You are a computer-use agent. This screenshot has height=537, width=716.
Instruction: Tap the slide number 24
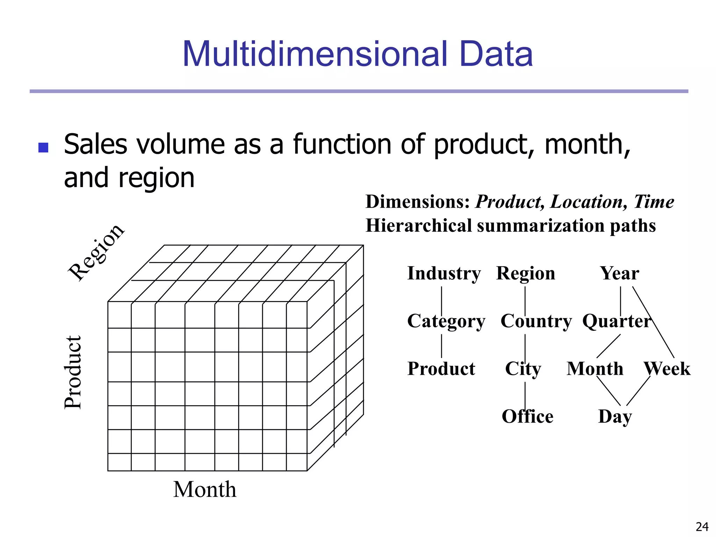coord(702,527)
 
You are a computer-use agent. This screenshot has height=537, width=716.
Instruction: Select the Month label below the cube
coord(205,489)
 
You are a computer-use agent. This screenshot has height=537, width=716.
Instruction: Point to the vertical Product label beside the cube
coord(73,372)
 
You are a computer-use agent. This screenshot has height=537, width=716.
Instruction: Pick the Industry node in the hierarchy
coord(444,273)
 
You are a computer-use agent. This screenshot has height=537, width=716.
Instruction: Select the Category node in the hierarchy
coord(446,321)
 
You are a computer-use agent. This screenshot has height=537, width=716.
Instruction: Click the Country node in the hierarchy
coord(536,321)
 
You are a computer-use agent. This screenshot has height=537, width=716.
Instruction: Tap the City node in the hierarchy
coord(523,369)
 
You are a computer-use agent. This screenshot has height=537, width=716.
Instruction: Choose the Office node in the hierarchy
coord(527,416)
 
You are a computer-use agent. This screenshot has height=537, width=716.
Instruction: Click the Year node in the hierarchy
coord(620,273)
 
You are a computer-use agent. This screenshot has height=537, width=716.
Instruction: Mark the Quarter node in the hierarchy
coord(616,321)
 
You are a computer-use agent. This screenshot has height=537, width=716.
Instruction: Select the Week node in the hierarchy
coord(667,369)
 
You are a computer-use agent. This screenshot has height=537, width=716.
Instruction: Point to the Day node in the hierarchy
coord(615,416)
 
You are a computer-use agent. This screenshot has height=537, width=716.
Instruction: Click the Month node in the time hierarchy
coord(595,369)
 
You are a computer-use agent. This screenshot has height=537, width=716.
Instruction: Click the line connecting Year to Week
coord(653,322)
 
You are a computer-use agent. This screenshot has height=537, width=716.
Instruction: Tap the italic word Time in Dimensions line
coord(654,202)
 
